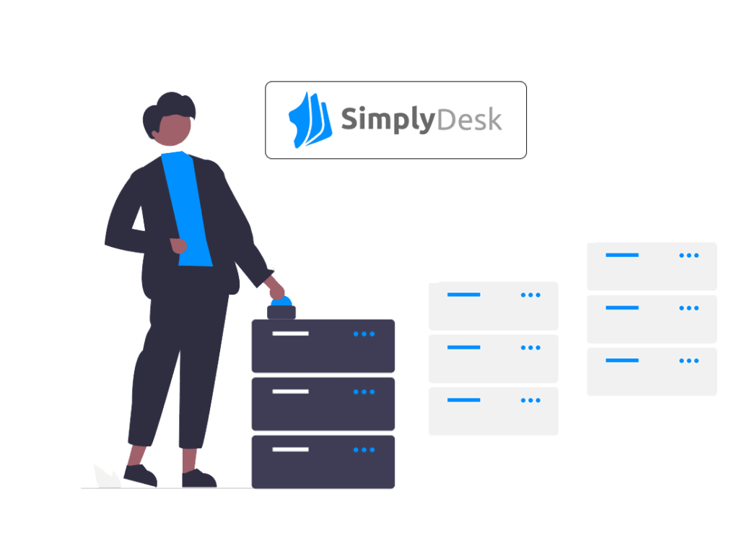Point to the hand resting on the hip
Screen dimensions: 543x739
(178, 246)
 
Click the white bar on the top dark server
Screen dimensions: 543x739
(290, 334)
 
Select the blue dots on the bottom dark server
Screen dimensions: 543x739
(364, 450)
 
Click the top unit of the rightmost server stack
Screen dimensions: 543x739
(652, 266)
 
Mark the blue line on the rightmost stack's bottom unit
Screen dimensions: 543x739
(622, 360)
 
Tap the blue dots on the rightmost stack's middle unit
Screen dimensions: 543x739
(688, 308)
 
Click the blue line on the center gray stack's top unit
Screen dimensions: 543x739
(463, 295)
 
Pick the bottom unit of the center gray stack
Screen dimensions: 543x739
(493, 411)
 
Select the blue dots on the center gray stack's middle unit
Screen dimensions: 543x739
(530, 347)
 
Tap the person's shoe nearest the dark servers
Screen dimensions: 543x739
(198, 478)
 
